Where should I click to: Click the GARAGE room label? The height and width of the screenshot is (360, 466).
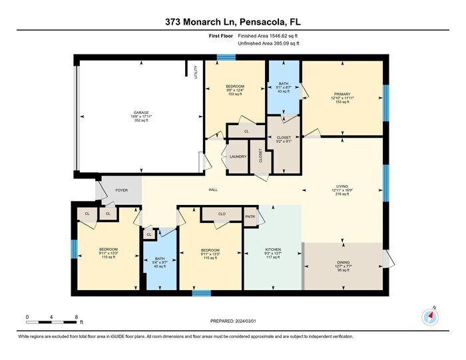(140, 112)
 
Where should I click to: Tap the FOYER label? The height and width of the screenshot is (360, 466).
(121, 190)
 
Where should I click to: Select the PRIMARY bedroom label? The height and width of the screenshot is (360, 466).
(342, 94)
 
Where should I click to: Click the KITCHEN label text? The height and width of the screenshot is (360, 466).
(273, 249)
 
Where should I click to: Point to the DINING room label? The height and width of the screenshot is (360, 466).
(343, 262)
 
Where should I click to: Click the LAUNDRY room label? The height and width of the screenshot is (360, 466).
(238, 157)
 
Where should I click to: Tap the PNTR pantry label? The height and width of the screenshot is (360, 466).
(250, 217)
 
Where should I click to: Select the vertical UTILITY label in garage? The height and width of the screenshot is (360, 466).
(196, 71)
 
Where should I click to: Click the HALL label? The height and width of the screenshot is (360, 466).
(213, 190)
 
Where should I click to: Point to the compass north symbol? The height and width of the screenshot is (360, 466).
(429, 316)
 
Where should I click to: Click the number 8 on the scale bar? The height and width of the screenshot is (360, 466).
(77, 316)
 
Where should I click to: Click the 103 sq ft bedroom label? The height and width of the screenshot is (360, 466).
(234, 95)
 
